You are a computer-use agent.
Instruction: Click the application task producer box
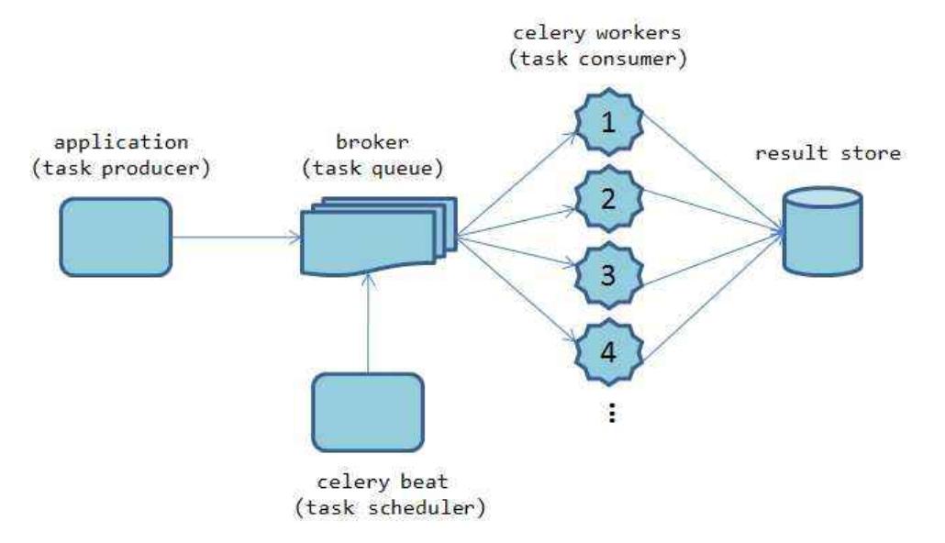(116, 237)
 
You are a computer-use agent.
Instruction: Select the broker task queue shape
(379, 236)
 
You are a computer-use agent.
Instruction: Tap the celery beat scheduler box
(368, 412)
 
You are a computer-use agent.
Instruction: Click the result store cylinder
(823, 231)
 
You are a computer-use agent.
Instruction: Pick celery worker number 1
(608, 122)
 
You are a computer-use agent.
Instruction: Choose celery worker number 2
(608, 199)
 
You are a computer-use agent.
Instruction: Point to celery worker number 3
(608, 275)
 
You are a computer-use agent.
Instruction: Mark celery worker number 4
(608, 352)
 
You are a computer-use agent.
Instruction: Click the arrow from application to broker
(237, 238)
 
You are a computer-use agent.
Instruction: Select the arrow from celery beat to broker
(368, 324)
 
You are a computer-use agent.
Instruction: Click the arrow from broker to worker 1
(517, 183)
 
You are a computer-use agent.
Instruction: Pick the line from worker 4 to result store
(713, 296)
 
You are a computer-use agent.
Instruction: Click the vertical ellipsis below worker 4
(612, 413)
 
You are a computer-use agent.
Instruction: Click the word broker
(372, 142)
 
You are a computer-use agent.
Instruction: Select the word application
(121, 143)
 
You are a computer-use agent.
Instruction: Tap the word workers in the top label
(640, 32)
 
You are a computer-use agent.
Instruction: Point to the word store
(871, 153)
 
